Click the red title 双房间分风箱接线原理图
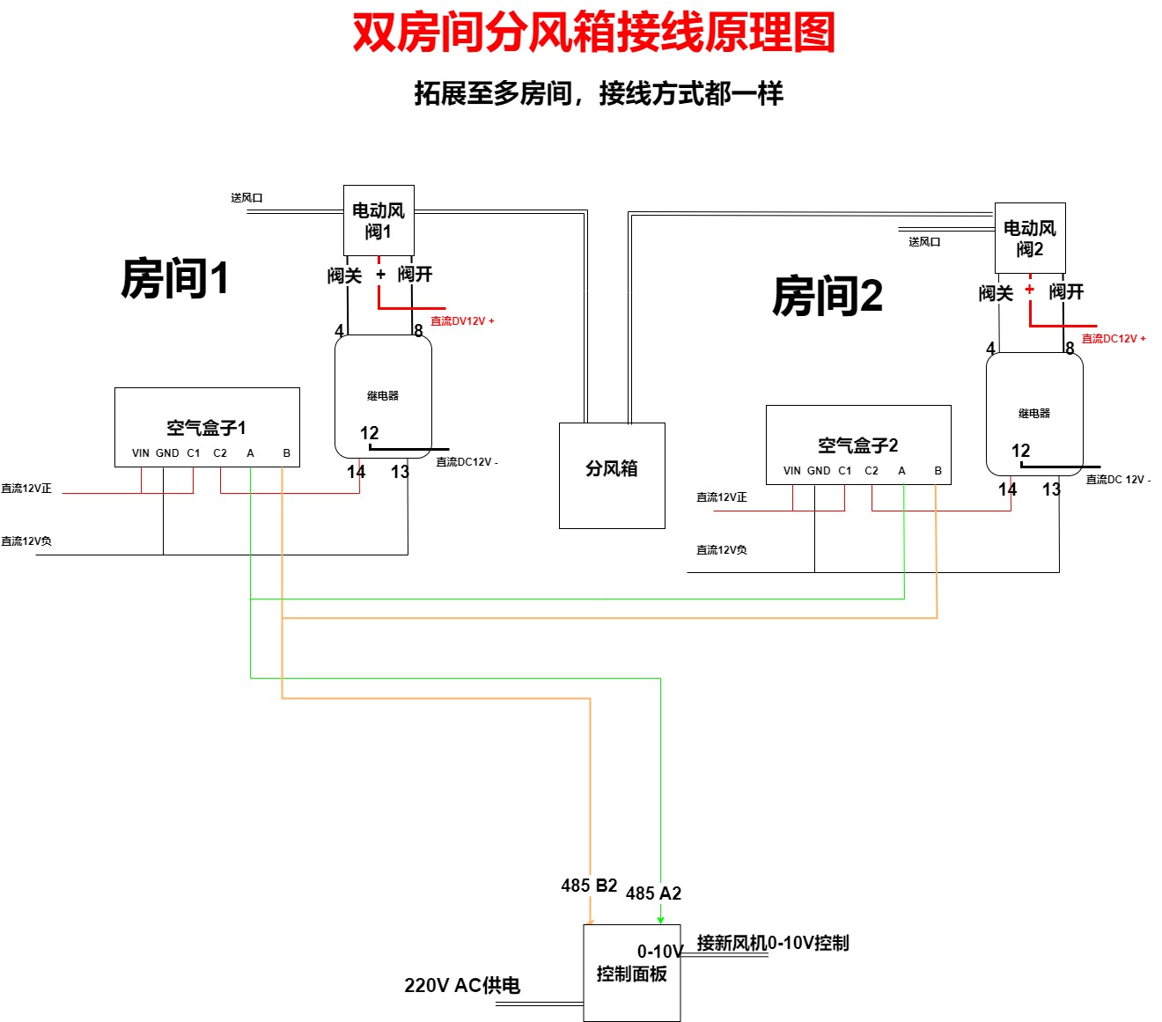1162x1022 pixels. pyautogui.click(x=593, y=33)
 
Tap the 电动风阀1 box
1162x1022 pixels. pyautogui.click(x=379, y=220)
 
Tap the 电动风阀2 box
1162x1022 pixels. pyautogui.click(x=1030, y=238)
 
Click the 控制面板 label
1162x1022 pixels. pyautogui.click(x=631, y=974)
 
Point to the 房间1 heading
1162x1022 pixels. pyautogui.click(x=174, y=278)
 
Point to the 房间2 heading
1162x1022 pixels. pyautogui.click(x=827, y=296)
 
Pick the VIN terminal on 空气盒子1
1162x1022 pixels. pyautogui.click(x=141, y=453)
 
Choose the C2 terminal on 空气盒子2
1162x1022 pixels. pyautogui.click(x=871, y=471)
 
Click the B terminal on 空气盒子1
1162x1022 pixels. pyautogui.click(x=286, y=453)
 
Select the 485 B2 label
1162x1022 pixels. pyautogui.click(x=589, y=886)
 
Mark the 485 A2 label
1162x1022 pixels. pyautogui.click(x=653, y=893)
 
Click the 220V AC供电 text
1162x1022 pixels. pyautogui.click(x=462, y=985)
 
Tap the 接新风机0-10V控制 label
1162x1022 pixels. pyautogui.click(x=773, y=943)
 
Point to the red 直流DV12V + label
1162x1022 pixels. pyautogui.click(x=462, y=321)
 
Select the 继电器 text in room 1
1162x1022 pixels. pyautogui.click(x=383, y=396)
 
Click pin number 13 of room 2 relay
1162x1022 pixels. pyautogui.click(x=1051, y=489)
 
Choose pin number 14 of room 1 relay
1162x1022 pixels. pyautogui.click(x=356, y=472)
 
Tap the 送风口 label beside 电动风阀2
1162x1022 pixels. pyautogui.click(x=924, y=242)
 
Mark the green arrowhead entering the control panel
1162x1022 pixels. pyautogui.click(x=660, y=919)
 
